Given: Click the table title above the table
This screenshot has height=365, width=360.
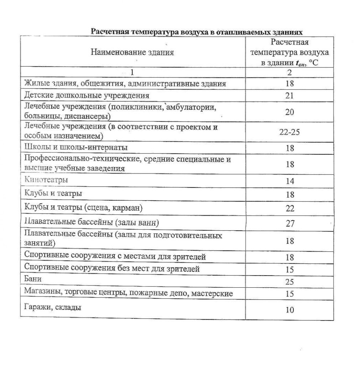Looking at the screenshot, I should (197, 32).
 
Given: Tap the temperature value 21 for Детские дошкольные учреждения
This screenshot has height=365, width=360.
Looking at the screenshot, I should (289, 96).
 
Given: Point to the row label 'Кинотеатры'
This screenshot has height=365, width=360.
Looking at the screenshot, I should (46, 180).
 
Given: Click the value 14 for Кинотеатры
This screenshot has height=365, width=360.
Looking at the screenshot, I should (290, 181).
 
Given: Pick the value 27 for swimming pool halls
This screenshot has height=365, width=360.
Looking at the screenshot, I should (290, 224).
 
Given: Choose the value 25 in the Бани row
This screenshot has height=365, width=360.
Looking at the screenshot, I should (289, 282).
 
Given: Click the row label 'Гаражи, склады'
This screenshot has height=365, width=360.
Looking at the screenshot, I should (52, 307).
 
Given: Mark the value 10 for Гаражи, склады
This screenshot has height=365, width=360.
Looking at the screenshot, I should (290, 310).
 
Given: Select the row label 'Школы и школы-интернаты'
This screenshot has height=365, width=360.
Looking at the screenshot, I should (76, 147).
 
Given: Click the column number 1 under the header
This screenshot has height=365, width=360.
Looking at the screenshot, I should (132, 73).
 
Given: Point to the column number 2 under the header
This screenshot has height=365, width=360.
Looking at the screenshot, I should (289, 73).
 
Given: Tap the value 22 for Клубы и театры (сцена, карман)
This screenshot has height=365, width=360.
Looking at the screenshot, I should (290, 208).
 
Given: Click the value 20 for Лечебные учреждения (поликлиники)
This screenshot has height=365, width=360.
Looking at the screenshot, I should (289, 112).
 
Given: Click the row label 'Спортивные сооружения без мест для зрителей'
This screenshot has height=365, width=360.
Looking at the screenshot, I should (112, 268).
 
